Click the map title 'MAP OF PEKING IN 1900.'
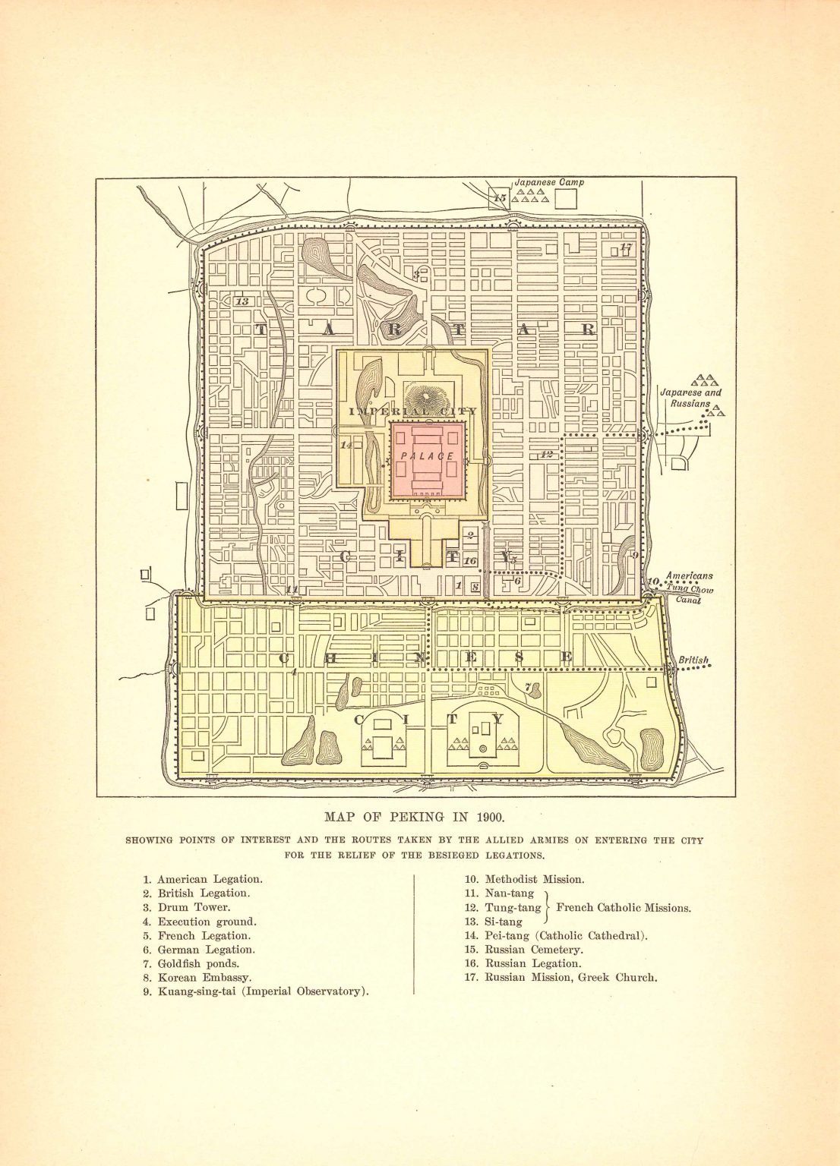415,818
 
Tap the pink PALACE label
427,456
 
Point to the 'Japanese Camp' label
549,183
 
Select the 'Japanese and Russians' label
690,399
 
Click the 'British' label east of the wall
693,660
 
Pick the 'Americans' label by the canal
689,576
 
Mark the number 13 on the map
242,301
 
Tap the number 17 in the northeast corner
626,247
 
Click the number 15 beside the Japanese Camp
499,198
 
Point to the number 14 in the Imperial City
346,445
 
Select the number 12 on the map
546,455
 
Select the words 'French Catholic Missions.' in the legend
624,908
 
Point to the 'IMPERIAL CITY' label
413,411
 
